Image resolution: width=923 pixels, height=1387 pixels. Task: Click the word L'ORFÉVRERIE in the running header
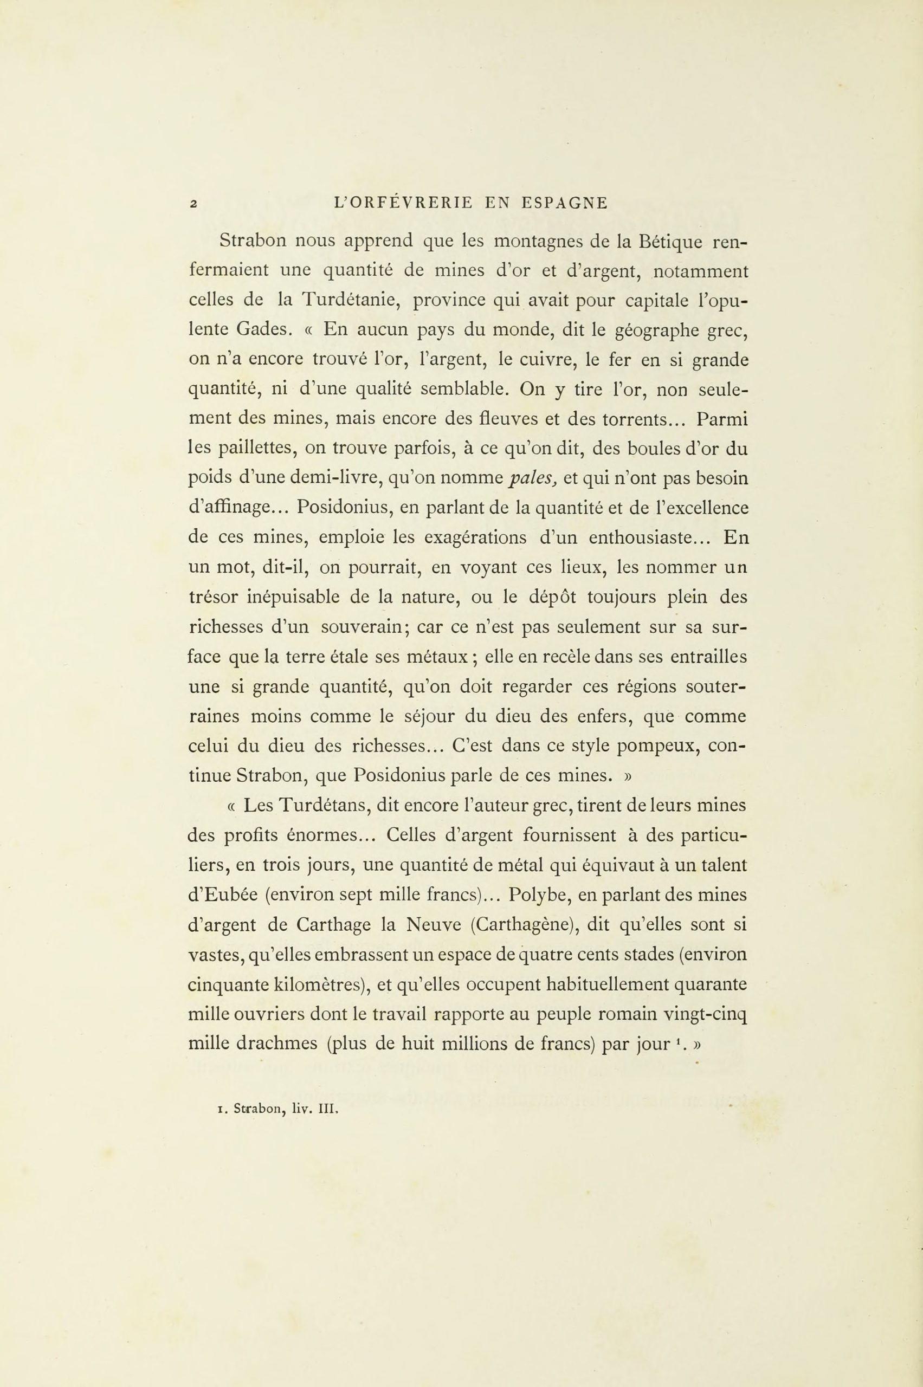pos(403,203)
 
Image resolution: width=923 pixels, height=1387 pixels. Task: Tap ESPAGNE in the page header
pos(565,203)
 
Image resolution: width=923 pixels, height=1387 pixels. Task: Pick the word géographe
pos(654,330)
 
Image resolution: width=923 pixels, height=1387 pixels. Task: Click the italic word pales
pos(532,478)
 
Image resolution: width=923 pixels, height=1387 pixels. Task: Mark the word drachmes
pos(276,1044)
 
